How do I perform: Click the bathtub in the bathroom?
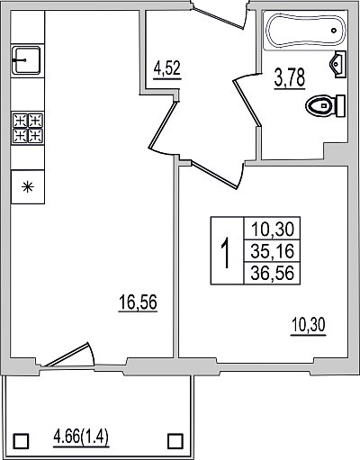click(305, 31)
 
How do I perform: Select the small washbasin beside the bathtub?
click(337, 64)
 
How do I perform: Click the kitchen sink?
click(26, 60)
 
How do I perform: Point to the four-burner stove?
click(28, 128)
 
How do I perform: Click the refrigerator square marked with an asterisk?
click(28, 187)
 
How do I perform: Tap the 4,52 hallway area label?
click(167, 69)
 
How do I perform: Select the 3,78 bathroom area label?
click(290, 77)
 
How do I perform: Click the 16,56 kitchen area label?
click(138, 302)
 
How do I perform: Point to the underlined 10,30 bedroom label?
click(308, 326)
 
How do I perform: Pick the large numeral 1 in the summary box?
click(226, 252)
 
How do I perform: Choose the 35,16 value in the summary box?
click(272, 251)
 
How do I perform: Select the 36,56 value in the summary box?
click(272, 273)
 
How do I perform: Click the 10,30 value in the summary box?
click(272, 230)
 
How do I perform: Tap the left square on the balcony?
click(21, 441)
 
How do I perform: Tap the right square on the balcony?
click(175, 441)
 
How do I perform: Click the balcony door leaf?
click(67, 355)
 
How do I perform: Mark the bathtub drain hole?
click(334, 31)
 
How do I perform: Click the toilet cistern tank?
click(340, 105)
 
